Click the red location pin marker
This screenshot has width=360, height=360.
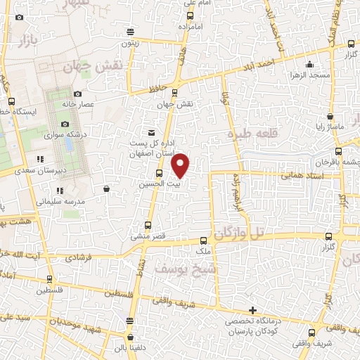click(x=181, y=165)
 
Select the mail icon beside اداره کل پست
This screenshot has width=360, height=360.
click(x=150, y=132)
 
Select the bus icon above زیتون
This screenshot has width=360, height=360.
click(x=130, y=31)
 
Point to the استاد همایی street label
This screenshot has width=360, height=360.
click(x=301, y=183)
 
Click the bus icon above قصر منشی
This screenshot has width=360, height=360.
click(x=148, y=226)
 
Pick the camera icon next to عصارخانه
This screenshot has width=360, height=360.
click(x=77, y=94)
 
